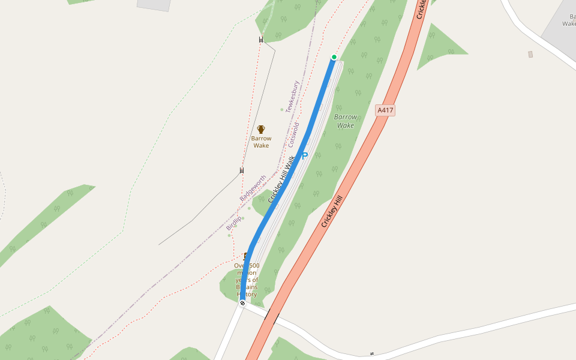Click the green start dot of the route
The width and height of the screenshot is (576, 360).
334,58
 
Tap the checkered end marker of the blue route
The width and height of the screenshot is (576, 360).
242,303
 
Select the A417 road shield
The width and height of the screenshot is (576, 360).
385,110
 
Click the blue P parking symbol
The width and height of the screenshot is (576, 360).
304,155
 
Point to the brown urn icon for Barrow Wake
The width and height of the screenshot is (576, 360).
261,129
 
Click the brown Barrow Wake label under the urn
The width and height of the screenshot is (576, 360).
261,142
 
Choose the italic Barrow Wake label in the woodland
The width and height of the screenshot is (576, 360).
346,121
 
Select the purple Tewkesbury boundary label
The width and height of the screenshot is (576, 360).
293,96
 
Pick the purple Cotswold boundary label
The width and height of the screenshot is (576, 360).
293,135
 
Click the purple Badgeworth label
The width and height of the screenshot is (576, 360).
253,188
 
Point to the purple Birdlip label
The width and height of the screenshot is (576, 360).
234,223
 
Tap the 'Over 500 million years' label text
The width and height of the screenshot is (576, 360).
247,280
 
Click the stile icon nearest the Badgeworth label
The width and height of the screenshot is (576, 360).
242,170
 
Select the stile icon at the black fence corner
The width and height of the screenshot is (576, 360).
261,40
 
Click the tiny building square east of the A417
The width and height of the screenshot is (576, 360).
530,55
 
